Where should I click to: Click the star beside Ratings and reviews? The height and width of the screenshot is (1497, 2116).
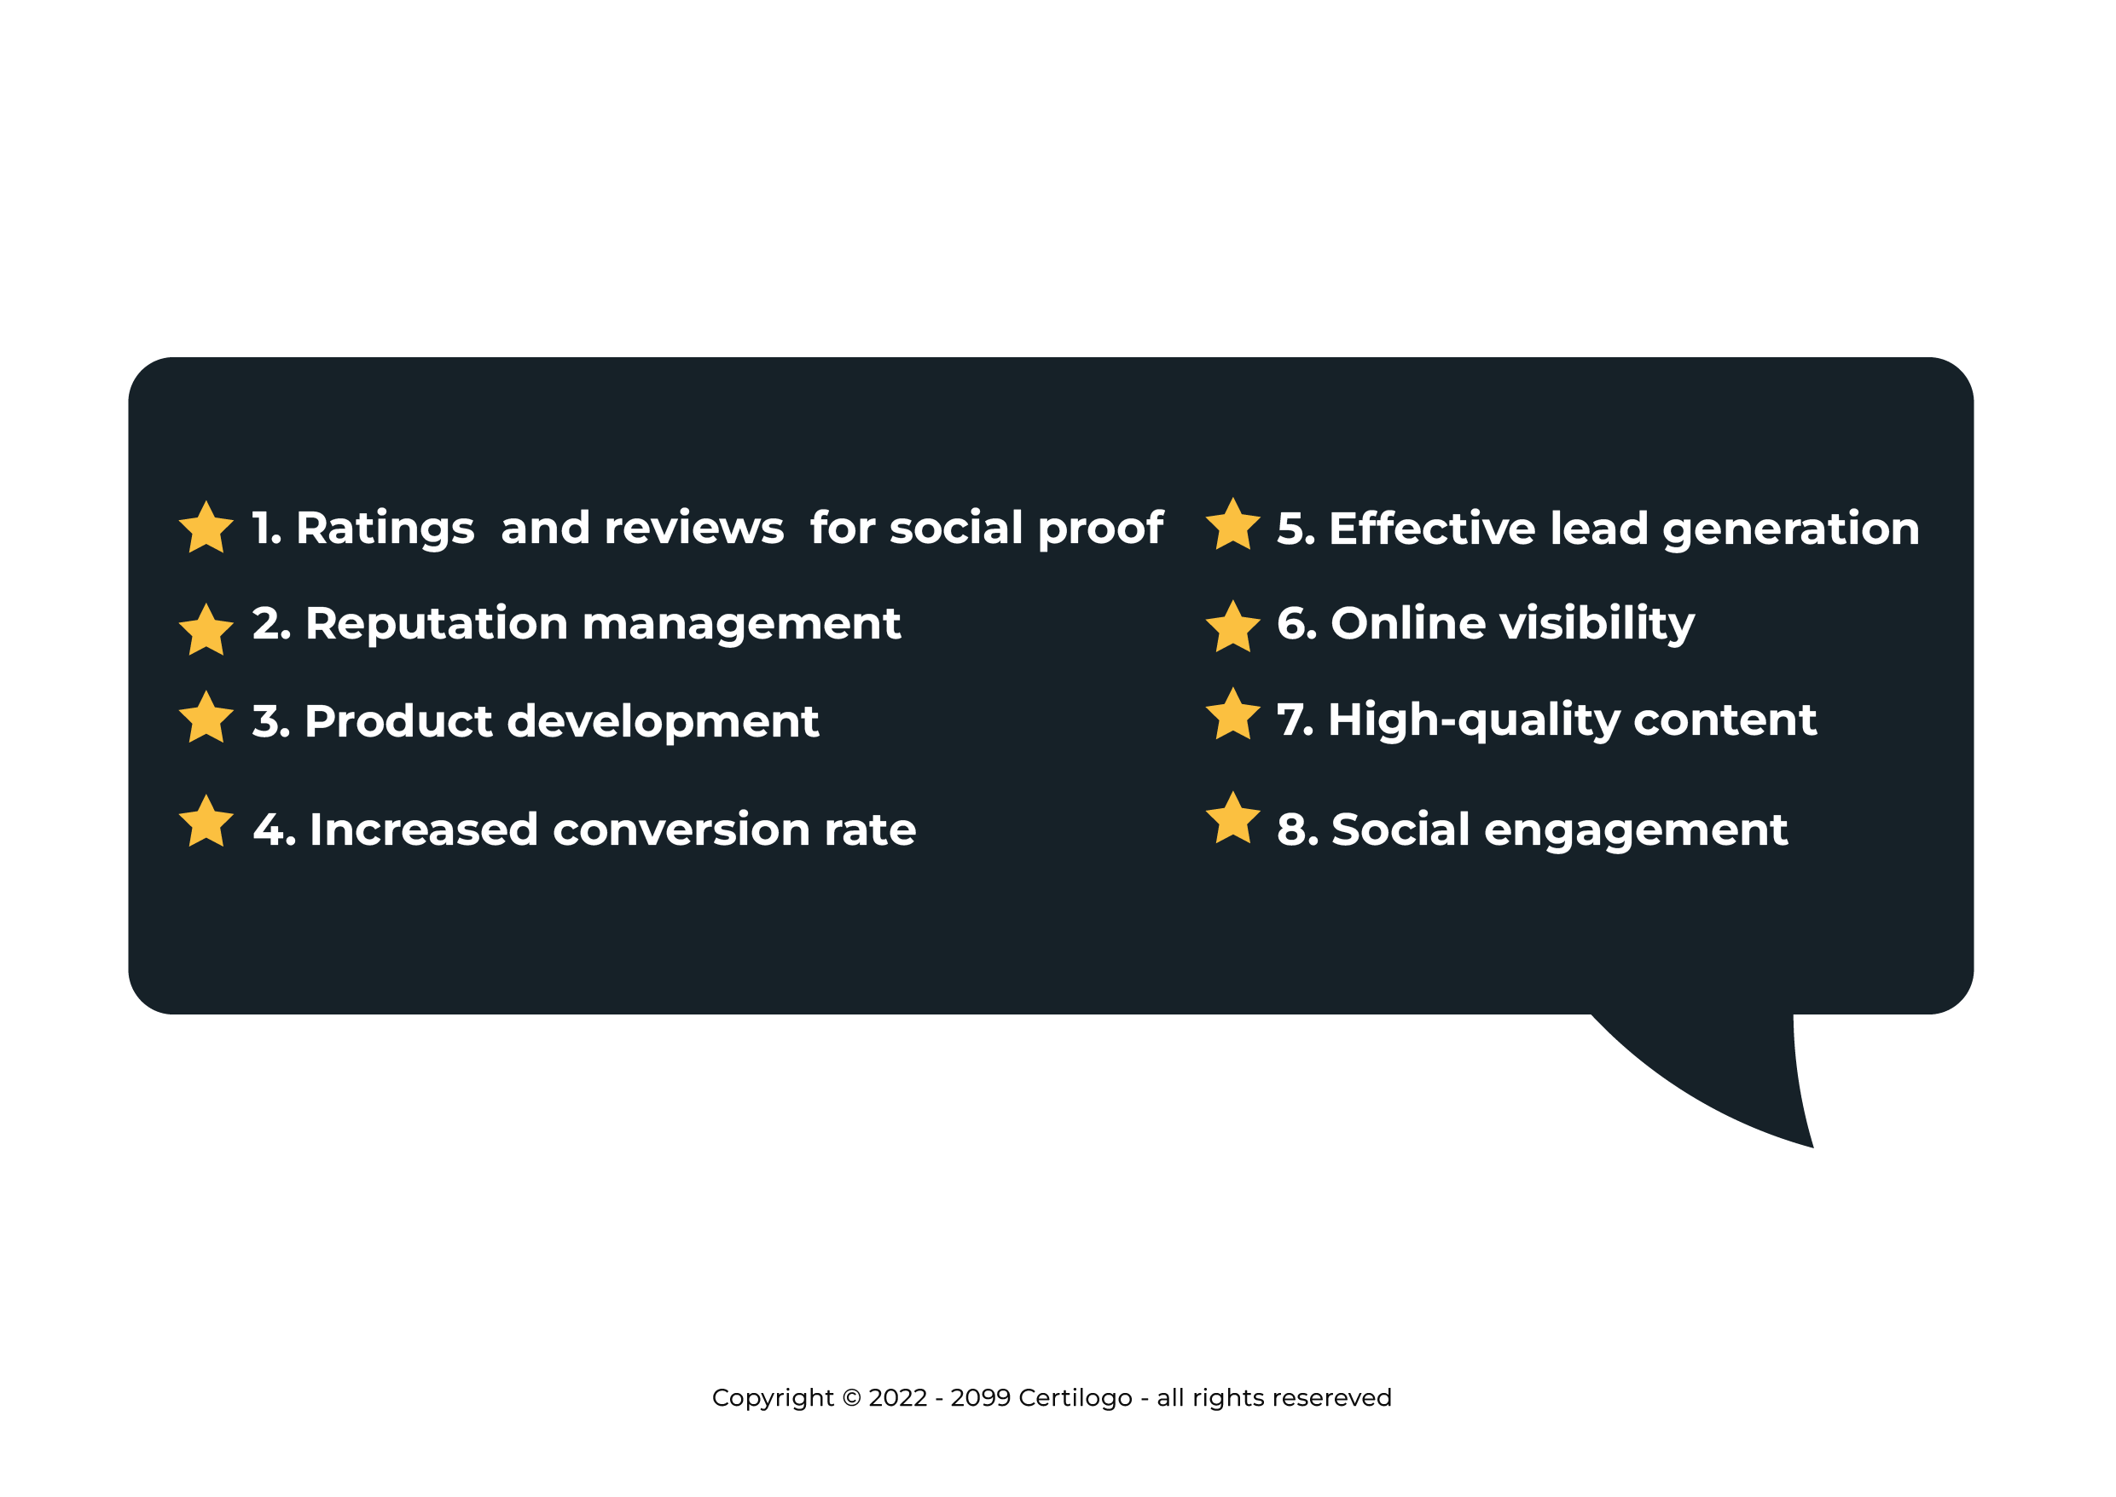click(x=206, y=529)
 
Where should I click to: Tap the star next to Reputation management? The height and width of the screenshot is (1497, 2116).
click(x=206, y=631)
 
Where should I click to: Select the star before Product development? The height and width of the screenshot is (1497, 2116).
click(x=206, y=718)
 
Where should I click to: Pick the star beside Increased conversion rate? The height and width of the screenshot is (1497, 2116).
click(x=206, y=821)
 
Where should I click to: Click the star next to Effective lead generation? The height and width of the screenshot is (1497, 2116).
click(x=1232, y=524)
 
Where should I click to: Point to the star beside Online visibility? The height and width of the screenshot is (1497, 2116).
click(x=1232, y=627)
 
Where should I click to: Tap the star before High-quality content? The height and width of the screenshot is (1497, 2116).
click(x=1232, y=714)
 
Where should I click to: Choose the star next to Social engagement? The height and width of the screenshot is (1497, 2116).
click(x=1232, y=818)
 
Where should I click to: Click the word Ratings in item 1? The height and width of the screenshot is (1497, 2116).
click(x=386, y=530)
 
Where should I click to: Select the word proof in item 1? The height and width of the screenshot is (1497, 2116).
click(x=1101, y=529)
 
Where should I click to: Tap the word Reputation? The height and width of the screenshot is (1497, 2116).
click(x=436, y=625)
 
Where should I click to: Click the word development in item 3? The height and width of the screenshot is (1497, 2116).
click(x=663, y=721)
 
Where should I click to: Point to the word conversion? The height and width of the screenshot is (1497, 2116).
click(x=681, y=829)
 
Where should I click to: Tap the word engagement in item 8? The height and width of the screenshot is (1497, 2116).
click(x=1636, y=831)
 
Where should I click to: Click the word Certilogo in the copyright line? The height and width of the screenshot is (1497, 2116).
click(x=1075, y=1397)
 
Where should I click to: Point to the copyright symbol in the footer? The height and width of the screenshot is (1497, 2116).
click(x=852, y=1397)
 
